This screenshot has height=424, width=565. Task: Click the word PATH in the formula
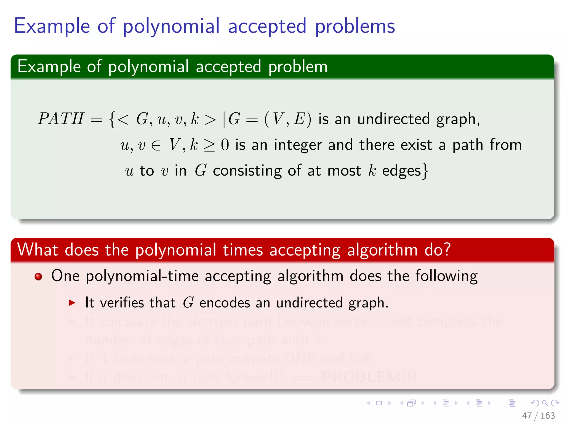61,119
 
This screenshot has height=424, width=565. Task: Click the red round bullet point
38,276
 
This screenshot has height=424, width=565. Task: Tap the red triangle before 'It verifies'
72,303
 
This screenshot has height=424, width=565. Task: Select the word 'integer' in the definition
298,145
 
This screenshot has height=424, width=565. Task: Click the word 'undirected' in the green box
393,119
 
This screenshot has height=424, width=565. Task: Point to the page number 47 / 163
538,415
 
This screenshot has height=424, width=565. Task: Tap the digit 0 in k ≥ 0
225,145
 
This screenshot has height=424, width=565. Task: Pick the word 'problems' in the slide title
355,26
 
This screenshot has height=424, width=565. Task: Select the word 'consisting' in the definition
247,171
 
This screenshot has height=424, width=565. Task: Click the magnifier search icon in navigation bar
545,403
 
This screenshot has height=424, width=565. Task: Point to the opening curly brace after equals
112,119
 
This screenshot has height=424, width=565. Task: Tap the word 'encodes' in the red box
225,303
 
